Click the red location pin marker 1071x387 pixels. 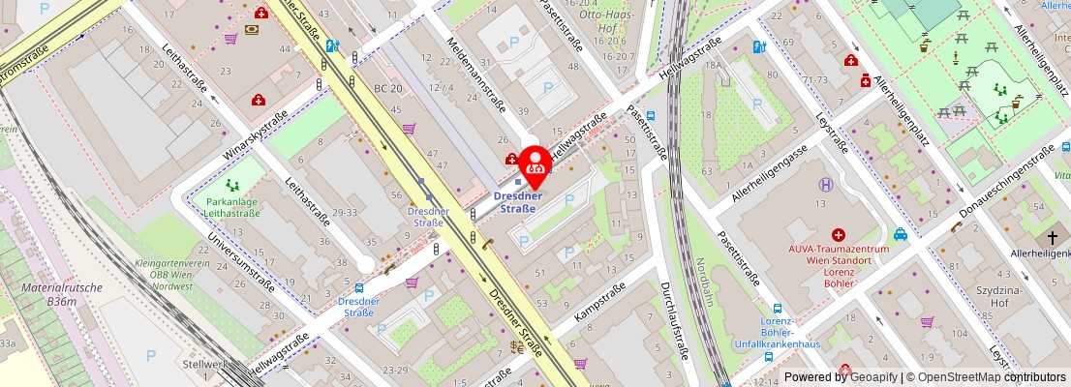[534, 164]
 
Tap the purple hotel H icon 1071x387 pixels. [826, 186]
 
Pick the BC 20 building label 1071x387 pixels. [388, 88]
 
